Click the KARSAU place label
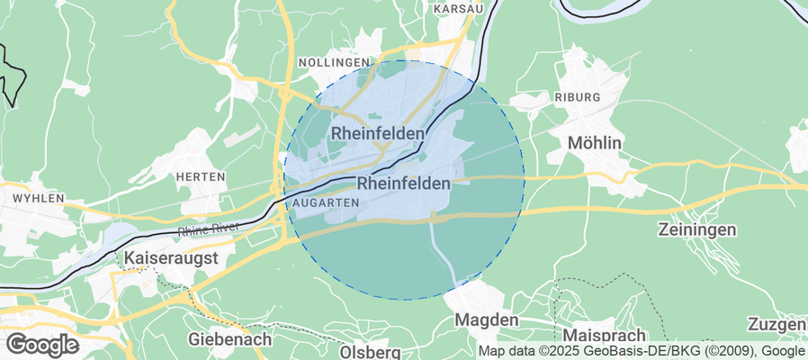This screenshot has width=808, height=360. [458, 8]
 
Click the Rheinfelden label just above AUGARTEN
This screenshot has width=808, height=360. [404, 183]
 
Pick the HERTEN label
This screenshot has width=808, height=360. [200, 176]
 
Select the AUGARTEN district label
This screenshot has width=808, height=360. [326, 203]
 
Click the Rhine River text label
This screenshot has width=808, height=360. [208, 228]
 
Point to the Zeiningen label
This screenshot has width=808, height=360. [697, 229]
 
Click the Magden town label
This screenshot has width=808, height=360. [487, 320]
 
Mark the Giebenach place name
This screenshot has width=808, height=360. [230, 339]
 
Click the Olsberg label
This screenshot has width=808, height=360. [371, 352]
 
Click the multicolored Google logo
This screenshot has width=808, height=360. [41, 344]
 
